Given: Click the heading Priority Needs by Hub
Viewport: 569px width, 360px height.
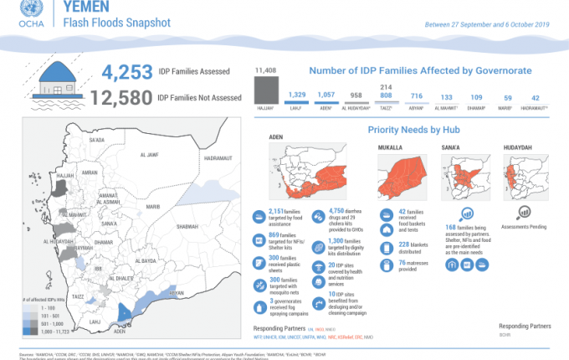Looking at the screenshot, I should coord(410,131).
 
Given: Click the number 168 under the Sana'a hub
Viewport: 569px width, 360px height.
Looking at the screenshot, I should coord(450,226).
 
